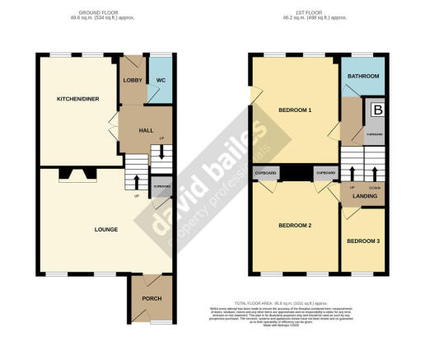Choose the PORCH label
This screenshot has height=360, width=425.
point(150,298)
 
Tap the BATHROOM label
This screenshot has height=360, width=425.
point(363,77)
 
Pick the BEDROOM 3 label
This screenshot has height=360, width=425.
point(363,241)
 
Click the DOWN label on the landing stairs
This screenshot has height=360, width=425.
point(376,188)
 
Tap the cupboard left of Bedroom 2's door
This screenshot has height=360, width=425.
point(266,174)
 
